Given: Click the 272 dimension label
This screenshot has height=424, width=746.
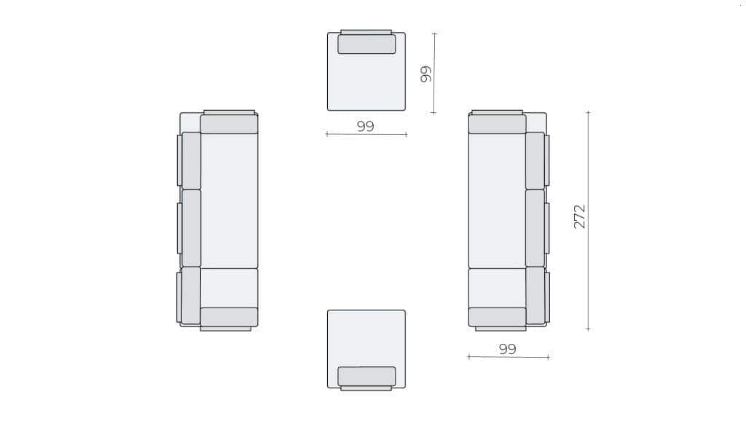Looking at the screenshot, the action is [579, 216].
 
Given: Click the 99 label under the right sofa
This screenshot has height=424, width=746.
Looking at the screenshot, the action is [508, 349].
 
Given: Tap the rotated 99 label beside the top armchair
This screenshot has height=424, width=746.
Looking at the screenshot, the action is [426, 74].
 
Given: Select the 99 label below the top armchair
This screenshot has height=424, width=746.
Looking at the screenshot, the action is [366, 126].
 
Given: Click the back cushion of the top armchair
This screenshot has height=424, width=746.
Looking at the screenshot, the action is [367, 44].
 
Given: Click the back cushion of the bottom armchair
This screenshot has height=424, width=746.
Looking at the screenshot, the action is [367, 377].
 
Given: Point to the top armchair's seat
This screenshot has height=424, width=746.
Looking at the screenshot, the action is [366, 81].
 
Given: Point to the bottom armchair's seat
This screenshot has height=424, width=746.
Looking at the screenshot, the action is [366, 339].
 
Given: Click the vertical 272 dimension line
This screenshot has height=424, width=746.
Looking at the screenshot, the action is [589, 220].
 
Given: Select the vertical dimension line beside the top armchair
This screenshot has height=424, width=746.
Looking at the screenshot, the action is [434, 74].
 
